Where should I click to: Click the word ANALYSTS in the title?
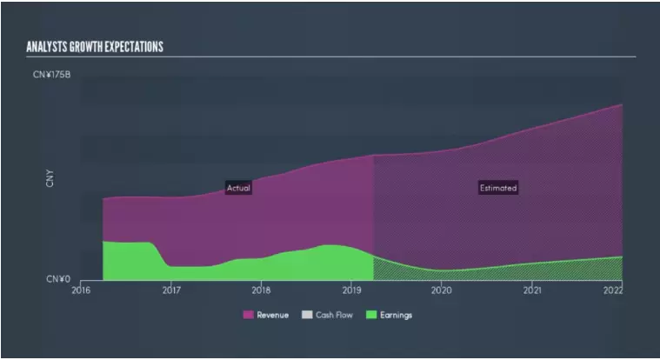tap(47, 46)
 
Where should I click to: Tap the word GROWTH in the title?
tap(88, 46)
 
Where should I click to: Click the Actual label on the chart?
tap(239, 188)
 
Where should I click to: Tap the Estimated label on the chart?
tap(498, 188)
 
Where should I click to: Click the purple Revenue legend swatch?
tap(248, 315)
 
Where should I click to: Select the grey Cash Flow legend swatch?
tap(307, 315)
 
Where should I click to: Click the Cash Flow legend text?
tap(335, 315)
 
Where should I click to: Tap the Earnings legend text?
tap(396, 315)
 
